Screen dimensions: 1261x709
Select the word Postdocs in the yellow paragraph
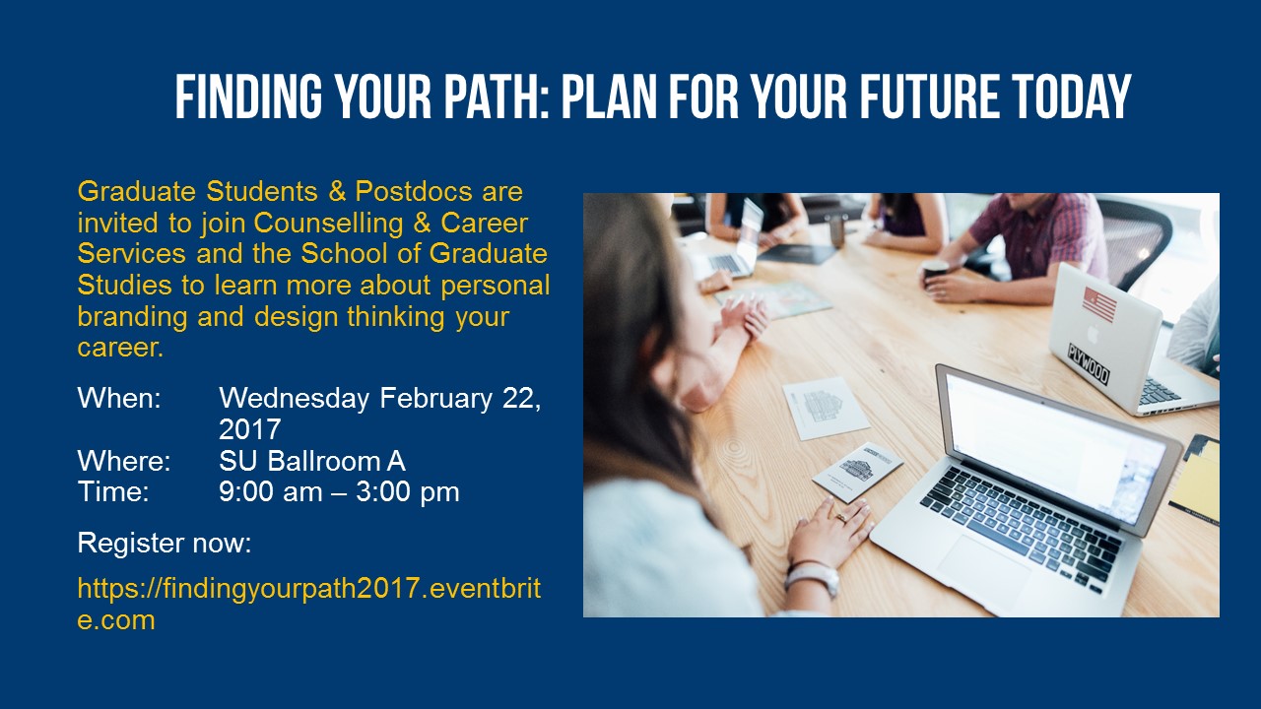click(x=414, y=191)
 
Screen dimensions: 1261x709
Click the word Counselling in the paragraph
click(x=329, y=223)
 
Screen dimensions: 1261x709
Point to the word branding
click(x=132, y=316)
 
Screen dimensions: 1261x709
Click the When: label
click(x=119, y=398)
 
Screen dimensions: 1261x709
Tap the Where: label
click(x=124, y=461)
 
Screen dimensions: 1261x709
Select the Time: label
click(x=113, y=491)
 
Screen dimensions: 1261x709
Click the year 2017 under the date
click(x=250, y=429)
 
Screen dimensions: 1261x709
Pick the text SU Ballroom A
click(x=312, y=461)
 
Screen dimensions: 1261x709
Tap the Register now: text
click(x=165, y=543)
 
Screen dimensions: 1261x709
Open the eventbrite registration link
click(x=309, y=604)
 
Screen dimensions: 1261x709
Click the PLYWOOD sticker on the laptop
click(x=1089, y=364)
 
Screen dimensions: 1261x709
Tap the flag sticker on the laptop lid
click(x=1099, y=304)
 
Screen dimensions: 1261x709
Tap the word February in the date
click(x=436, y=398)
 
